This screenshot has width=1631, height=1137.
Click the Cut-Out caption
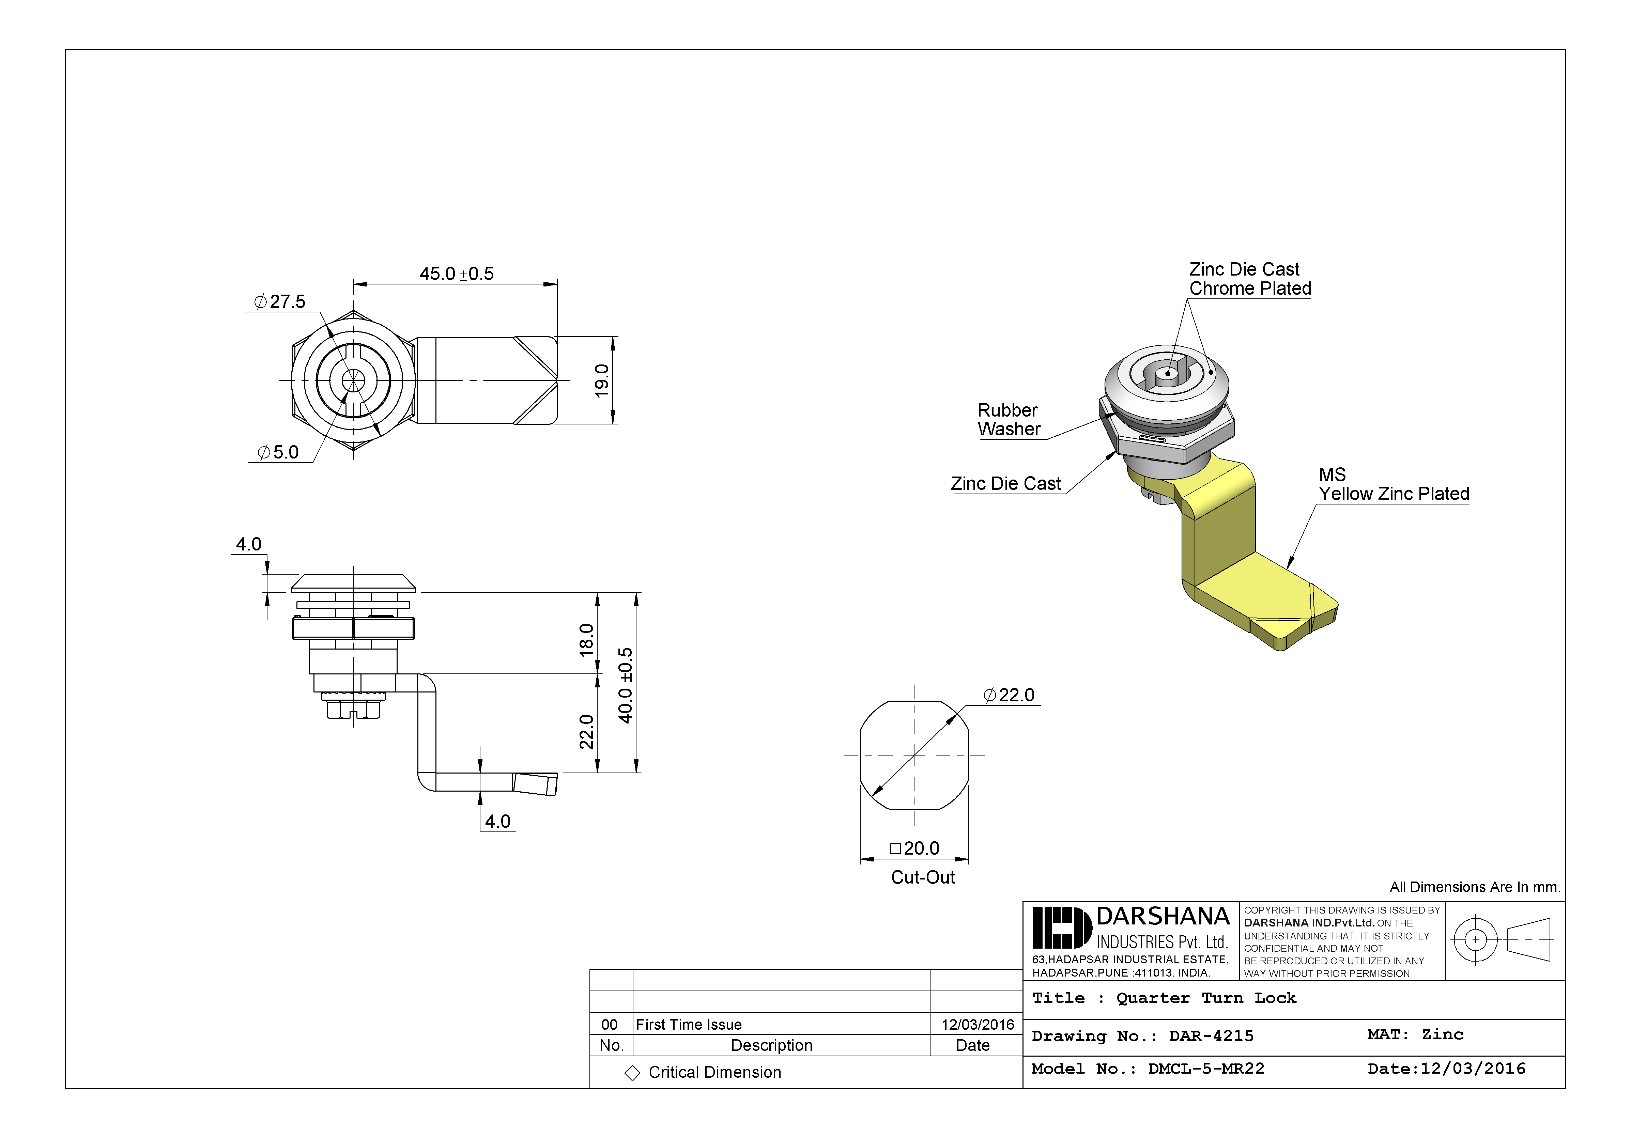coord(923,878)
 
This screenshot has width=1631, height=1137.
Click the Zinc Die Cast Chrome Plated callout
coord(1249,279)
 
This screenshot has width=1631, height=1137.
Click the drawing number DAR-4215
coord(1211,1036)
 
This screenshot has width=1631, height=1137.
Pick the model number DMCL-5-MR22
coord(1206,1069)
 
